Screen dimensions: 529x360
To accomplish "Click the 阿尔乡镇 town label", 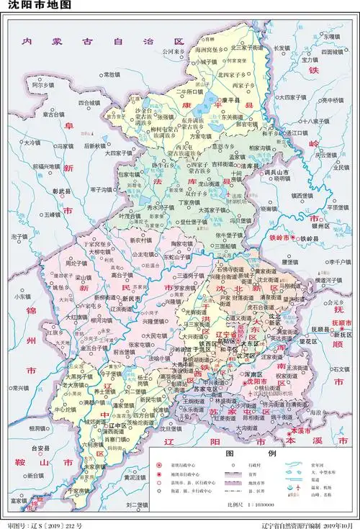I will coord(42,85).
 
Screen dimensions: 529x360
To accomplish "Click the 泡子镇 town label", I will coord(19,236).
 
